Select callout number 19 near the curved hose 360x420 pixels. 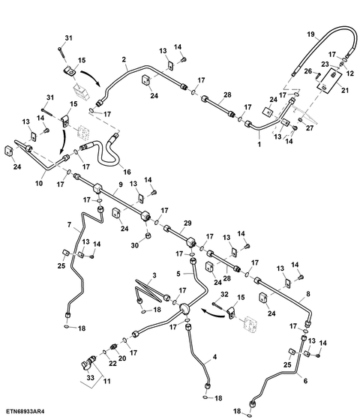(310, 34)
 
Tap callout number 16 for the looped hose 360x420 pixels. (127, 172)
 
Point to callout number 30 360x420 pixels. (135, 244)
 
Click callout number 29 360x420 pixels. (187, 223)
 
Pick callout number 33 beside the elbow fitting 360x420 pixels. (91, 377)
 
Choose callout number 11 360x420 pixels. (106, 381)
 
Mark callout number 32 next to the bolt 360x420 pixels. (224, 294)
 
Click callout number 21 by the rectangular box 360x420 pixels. (345, 90)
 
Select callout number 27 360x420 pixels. (310, 128)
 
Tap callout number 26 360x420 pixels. (308, 71)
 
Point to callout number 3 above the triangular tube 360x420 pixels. (154, 275)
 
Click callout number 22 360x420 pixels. (112, 363)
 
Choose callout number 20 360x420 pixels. (122, 358)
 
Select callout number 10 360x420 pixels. (39, 183)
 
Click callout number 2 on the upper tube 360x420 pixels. (124, 59)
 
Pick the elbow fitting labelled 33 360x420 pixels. (88, 364)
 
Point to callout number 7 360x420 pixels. (69, 224)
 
